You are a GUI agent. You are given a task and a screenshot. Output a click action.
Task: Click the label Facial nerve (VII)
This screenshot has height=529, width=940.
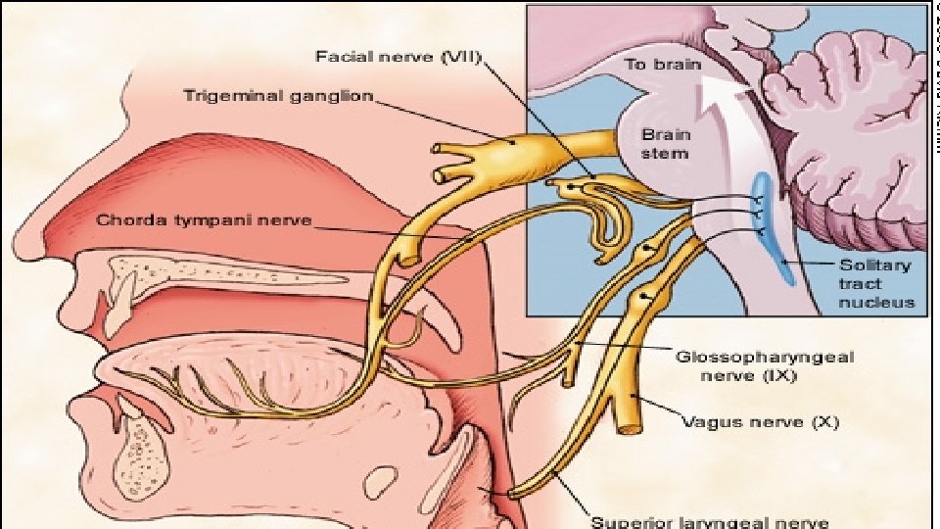coord(397,58)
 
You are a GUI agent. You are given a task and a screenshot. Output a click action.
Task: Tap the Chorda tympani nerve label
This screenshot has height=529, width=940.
coord(204,220)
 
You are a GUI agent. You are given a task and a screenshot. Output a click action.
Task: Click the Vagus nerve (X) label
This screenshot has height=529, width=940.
coord(760,423)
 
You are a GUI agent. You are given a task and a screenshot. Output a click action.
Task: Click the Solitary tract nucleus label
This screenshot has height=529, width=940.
coord(875,283)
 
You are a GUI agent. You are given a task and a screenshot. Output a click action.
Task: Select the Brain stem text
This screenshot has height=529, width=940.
coord(665,143)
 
